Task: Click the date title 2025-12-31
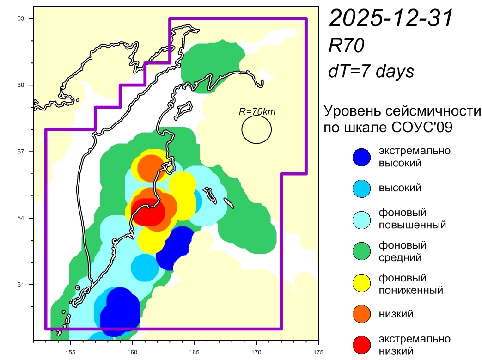[390, 19]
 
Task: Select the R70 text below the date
[347, 46]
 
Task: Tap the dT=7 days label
[371, 71]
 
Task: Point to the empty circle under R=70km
[256, 129]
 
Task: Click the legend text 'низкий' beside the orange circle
[396, 314]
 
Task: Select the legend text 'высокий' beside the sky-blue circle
[400, 188]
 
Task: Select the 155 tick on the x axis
[70, 350]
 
